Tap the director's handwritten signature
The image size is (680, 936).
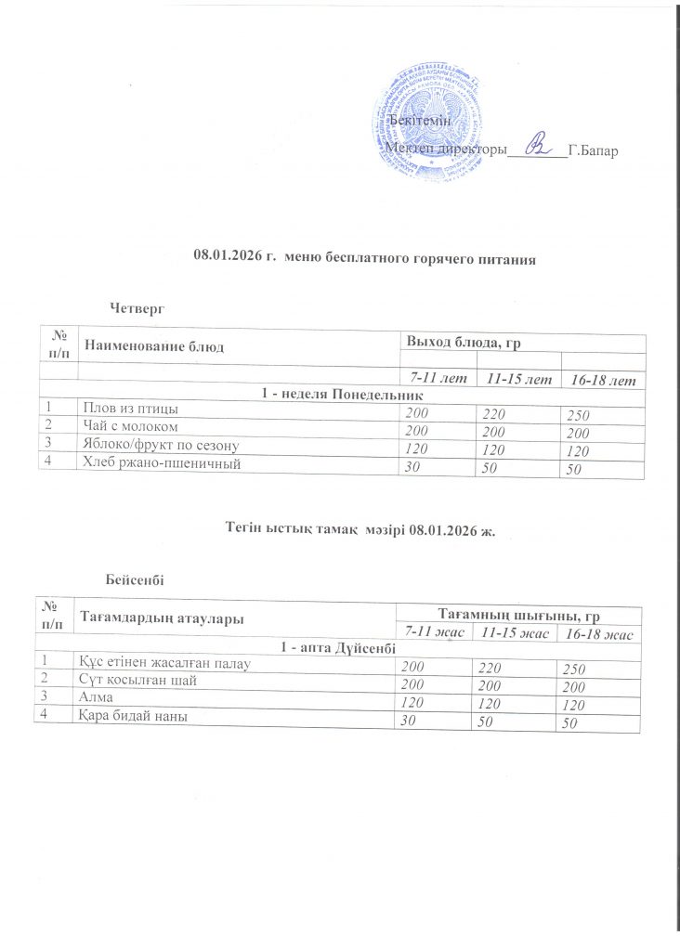click(x=536, y=145)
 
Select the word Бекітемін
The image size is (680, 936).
click(x=420, y=123)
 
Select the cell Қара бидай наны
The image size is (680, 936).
click(x=134, y=716)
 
